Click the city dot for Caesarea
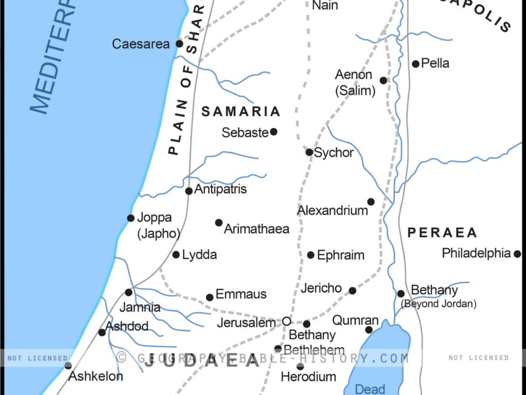click(x=179, y=44)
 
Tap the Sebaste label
click(x=244, y=133)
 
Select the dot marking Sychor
click(x=309, y=152)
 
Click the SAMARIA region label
click(x=241, y=111)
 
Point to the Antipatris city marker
click(x=189, y=191)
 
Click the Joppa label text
click(x=154, y=218)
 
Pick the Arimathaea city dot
click(x=219, y=223)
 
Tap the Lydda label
click(x=199, y=255)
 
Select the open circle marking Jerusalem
click(x=286, y=321)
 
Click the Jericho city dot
click(x=353, y=291)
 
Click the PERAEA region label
click(x=442, y=233)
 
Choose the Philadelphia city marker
click(x=517, y=254)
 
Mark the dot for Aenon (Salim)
click(x=383, y=80)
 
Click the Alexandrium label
click(x=332, y=211)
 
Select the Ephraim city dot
click(x=311, y=255)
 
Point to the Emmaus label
click(x=241, y=294)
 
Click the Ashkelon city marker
click(x=68, y=365)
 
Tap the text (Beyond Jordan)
click(x=439, y=304)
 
